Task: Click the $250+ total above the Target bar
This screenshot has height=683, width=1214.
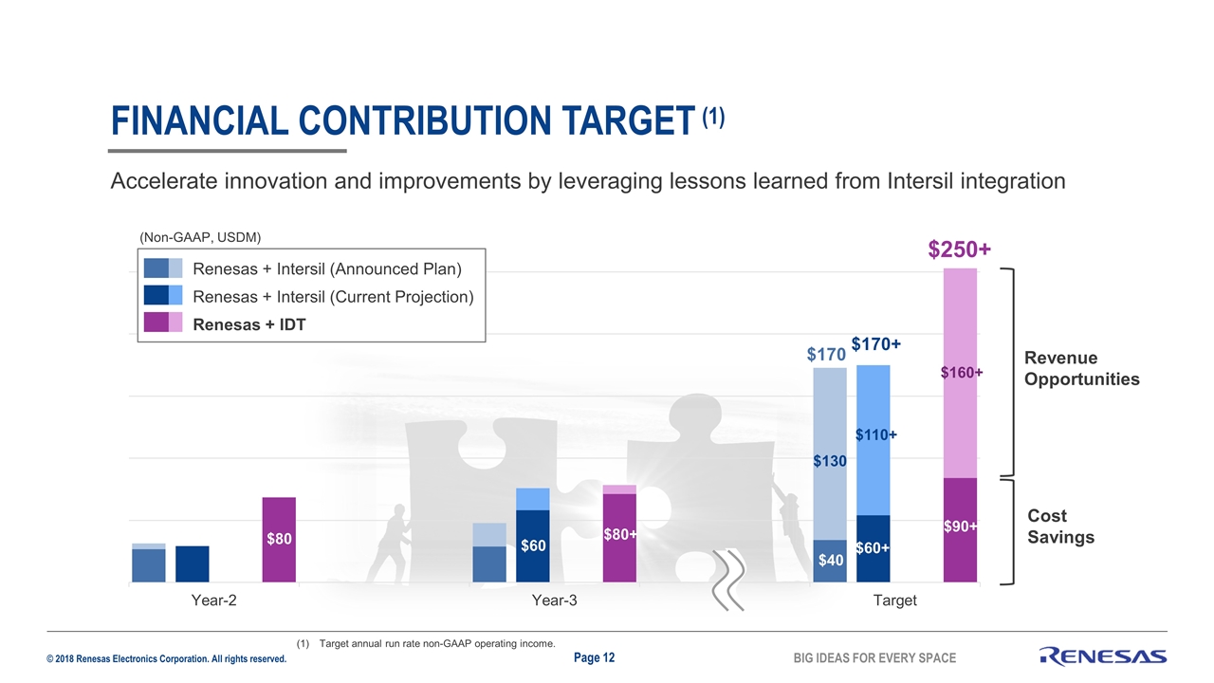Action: point(960,249)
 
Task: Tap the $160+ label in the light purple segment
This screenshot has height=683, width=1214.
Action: point(961,373)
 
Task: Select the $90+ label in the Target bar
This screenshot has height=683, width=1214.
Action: point(961,526)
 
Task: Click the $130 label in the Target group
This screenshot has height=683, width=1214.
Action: point(830,461)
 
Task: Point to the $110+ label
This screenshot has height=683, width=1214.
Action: point(876,435)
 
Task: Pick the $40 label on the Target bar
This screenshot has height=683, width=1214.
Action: point(831,560)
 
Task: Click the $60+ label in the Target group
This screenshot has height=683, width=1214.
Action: point(873,548)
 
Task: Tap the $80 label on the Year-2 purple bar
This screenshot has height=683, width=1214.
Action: point(279,540)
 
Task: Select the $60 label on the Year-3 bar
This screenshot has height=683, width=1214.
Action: point(533,545)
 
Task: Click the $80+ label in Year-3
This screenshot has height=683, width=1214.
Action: point(620,535)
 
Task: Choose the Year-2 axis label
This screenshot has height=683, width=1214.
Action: point(213,600)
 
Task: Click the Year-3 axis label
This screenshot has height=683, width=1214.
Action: point(555,600)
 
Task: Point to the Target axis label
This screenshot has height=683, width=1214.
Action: point(895,600)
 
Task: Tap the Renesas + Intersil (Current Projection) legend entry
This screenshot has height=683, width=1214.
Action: point(332,297)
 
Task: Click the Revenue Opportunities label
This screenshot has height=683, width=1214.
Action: point(1081,368)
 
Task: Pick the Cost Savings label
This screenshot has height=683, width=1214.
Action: point(1060,526)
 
